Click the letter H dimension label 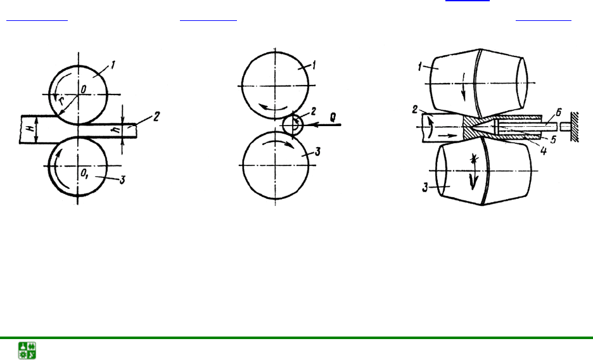click(x=31, y=128)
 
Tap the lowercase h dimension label click(x=117, y=130)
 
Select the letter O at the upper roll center click(x=83, y=89)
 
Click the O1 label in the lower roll click(x=84, y=174)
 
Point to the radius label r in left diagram click(x=61, y=101)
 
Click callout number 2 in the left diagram click(x=156, y=116)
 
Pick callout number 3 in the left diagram click(x=122, y=181)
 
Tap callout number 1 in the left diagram click(x=113, y=65)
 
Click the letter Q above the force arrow click(x=333, y=117)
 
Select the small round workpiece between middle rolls click(x=293, y=125)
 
